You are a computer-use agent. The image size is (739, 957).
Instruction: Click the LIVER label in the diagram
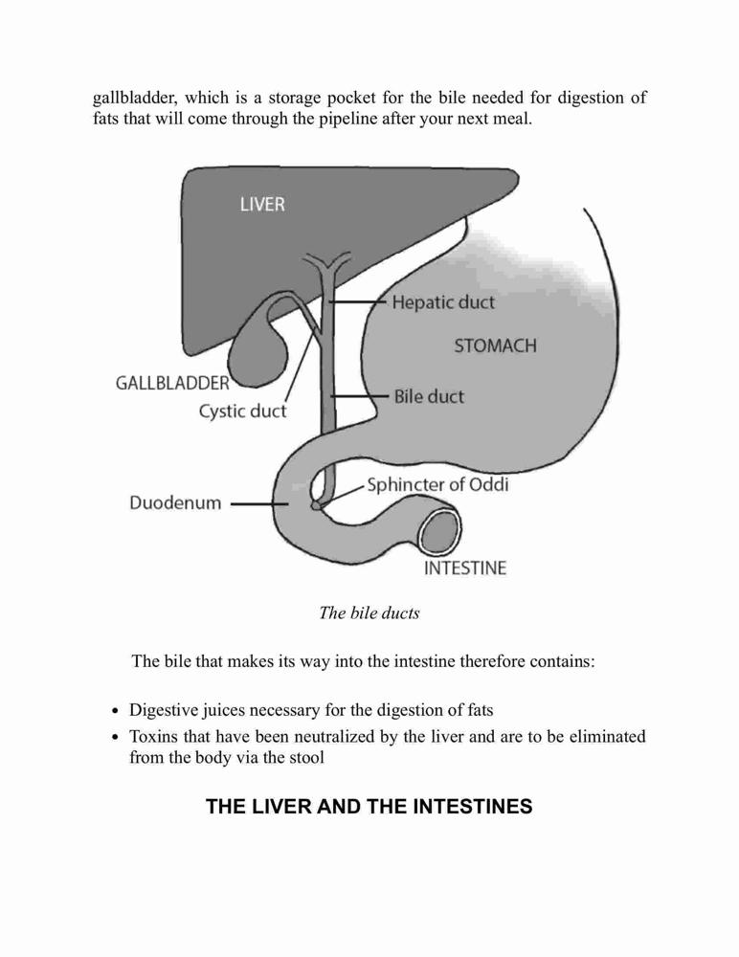click(x=262, y=204)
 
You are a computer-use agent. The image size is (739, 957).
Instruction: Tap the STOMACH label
click(x=495, y=346)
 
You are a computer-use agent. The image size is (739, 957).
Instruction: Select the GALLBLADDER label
click(x=172, y=384)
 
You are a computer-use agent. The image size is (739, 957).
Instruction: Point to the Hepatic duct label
click(x=443, y=302)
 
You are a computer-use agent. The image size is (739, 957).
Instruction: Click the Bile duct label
click(x=429, y=397)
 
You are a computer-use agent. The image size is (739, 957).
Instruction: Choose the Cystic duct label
click(x=242, y=411)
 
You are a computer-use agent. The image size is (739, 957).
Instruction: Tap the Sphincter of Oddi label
click(x=437, y=484)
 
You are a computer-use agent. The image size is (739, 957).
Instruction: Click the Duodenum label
click(x=175, y=503)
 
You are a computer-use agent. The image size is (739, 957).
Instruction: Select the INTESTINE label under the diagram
click(x=465, y=568)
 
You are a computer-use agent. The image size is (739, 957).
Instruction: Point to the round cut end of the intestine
click(x=439, y=531)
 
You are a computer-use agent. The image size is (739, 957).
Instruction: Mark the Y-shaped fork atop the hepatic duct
click(x=327, y=265)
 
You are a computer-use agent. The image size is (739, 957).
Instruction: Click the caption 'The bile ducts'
click(x=369, y=612)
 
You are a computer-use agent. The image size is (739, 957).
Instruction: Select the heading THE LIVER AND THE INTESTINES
click(x=369, y=806)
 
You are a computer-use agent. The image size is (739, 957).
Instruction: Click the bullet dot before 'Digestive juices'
click(x=116, y=712)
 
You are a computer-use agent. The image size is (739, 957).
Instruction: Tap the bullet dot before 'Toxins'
click(x=116, y=738)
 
